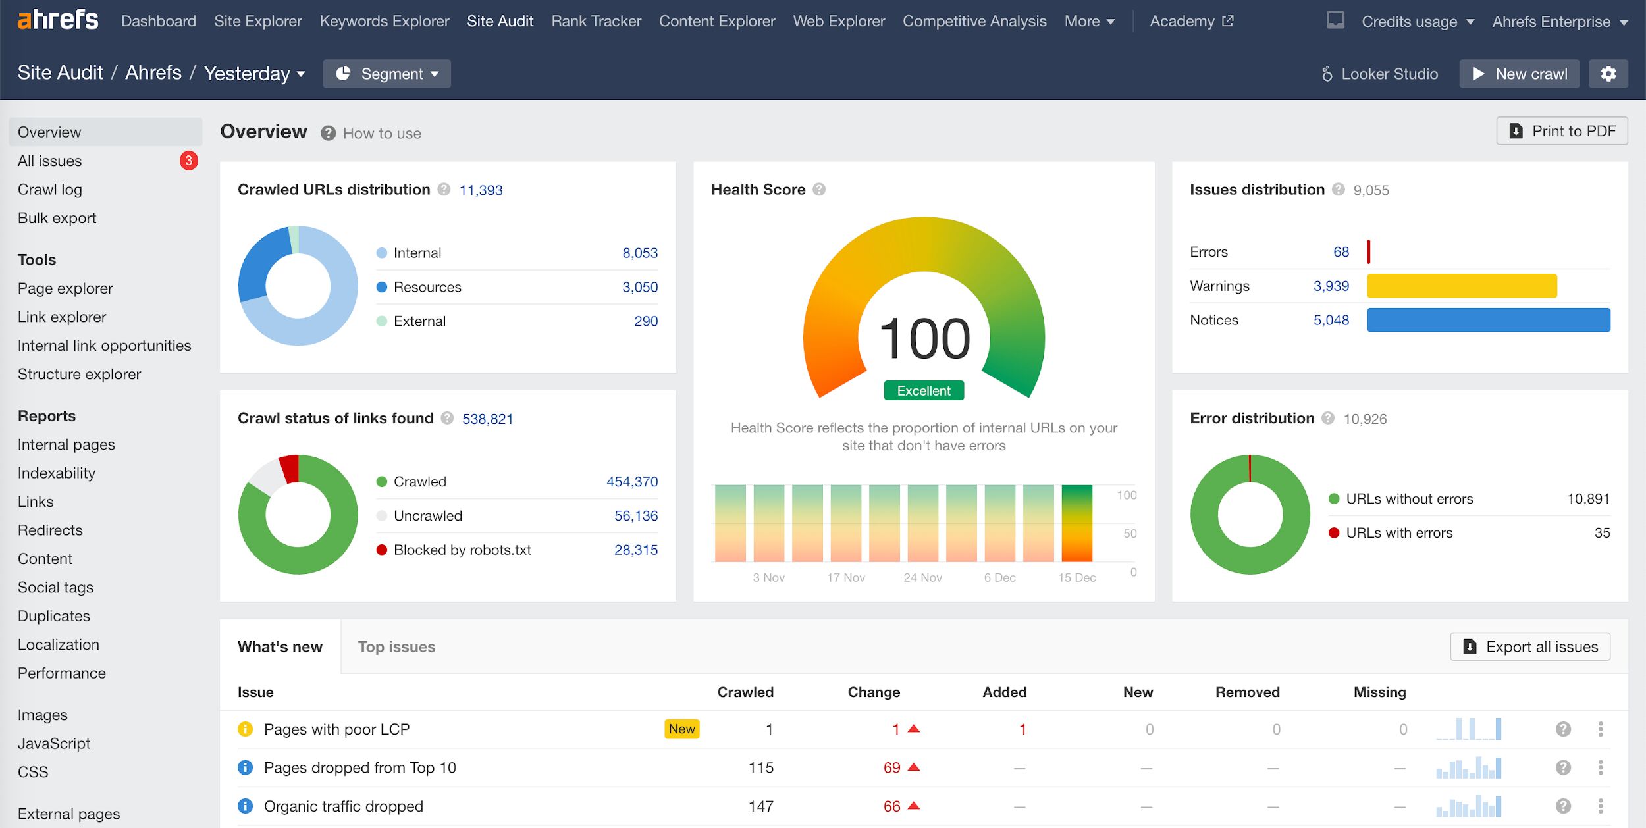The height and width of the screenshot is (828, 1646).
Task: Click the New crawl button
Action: click(x=1519, y=74)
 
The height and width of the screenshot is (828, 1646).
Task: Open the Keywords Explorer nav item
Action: click(x=384, y=21)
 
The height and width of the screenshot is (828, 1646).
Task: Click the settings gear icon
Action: click(x=1608, y=74)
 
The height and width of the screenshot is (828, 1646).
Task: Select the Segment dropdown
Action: click(x=386, y=74)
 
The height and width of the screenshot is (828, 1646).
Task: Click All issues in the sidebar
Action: click(x=50, y=161)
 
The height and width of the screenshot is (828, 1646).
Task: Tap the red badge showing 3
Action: click(x=188, y=161)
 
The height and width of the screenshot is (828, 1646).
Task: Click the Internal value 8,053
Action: click(x=639, y=253)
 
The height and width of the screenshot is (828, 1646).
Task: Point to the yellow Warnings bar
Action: click(x=1462, y=286)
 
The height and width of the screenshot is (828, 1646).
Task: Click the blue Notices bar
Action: click(x=1488, y=320)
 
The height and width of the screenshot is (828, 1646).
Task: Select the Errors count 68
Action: click(x=1341, y=252)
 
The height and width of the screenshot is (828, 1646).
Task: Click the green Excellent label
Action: click(x=923, y=390)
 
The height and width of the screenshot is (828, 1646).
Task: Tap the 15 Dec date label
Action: click(x=1076, y=577)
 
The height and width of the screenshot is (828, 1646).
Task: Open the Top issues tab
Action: click(x=396, y=647)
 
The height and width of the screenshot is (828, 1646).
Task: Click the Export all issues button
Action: click(x=1529, y=647)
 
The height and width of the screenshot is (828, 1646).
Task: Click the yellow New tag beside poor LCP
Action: click(x=681, y=729)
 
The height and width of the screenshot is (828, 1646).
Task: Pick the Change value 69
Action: click(x=891, y=767)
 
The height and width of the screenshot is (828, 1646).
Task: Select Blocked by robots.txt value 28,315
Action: click(x=635, y=550)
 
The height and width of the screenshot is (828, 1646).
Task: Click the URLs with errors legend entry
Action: click(x=1398, y=532)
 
